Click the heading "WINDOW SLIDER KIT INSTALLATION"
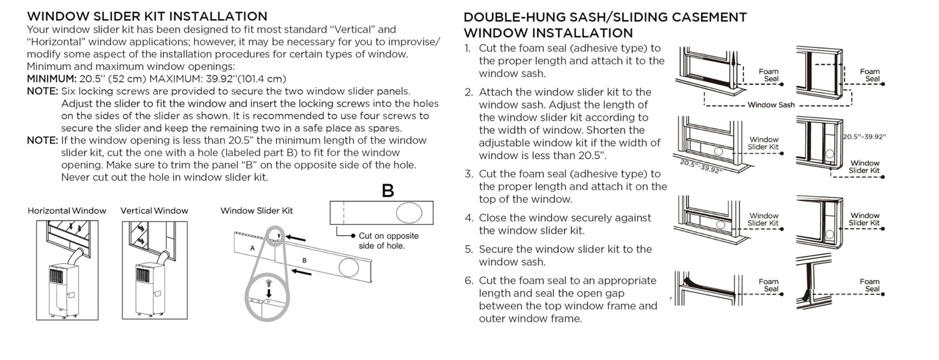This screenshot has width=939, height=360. tap(147, 16)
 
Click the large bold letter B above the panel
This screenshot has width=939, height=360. tap(388, 192)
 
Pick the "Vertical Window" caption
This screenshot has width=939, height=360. tap(154, 211)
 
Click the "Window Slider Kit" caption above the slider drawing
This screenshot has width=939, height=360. tap(257, 211)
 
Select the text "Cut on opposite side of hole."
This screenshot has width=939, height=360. tap(389, 240)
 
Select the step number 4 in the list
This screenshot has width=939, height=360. tap(468, 218)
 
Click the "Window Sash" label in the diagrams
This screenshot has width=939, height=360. tap(771, 105)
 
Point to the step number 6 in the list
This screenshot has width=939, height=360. tap(468, 281)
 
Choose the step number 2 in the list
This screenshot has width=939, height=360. tap(468, 92)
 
